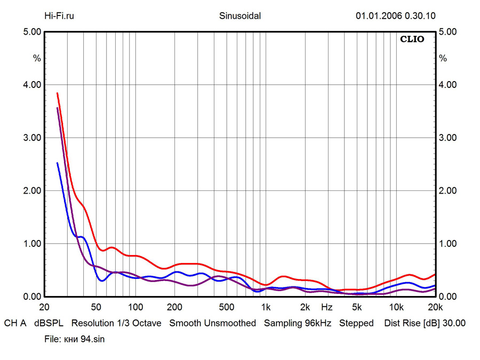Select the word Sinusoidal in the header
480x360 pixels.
240,15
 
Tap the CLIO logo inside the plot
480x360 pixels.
412,39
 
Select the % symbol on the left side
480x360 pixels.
37,58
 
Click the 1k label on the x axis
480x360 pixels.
265,307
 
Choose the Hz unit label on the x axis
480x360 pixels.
326,307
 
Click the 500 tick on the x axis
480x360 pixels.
226,307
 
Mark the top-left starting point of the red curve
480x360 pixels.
57,93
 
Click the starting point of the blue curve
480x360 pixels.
57,163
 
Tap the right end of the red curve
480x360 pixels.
435,274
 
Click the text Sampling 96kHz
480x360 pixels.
298,323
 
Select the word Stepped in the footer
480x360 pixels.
356,323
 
